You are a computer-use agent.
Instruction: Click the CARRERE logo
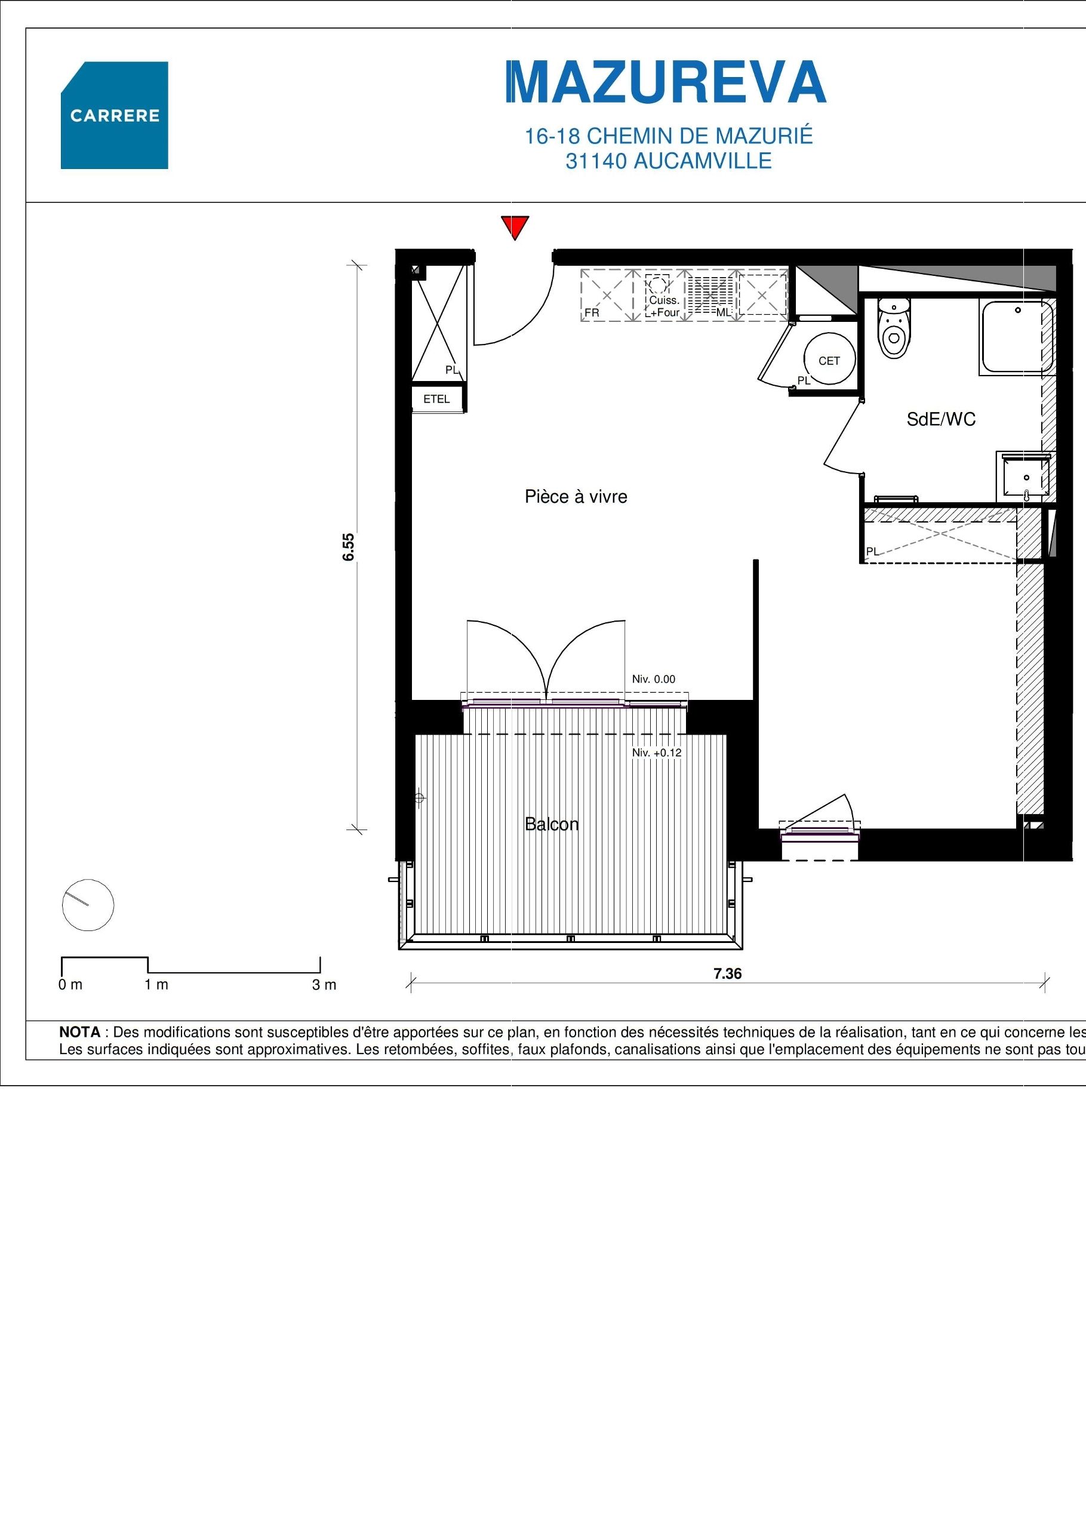click(x=115, y=115)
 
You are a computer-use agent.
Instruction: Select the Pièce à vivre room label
click(x=576, y=496)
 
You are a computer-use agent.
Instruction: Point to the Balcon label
click(x=551, y=824)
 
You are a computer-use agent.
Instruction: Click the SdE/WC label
click(x=940, y=419)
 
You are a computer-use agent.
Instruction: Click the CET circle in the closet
click(x=829, y=361)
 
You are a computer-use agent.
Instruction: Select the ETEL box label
click(x=436, y=400)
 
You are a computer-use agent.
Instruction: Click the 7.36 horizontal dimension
click(x=727, y=973)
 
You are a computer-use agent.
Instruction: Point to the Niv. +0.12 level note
click(x=657, y=752)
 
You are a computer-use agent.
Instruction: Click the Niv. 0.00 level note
click(x=653, y=679)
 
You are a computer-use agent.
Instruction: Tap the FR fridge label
click(x=592, y=312)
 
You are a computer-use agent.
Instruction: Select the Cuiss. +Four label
click(x=664, y=306)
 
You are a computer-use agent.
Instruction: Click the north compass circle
click(x=88, y=905)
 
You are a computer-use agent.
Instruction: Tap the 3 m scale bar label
click(x=324, y=985)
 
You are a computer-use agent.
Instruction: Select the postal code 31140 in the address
click(x=594, y=161)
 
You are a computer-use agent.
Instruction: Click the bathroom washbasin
click(x=1024, y=477)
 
